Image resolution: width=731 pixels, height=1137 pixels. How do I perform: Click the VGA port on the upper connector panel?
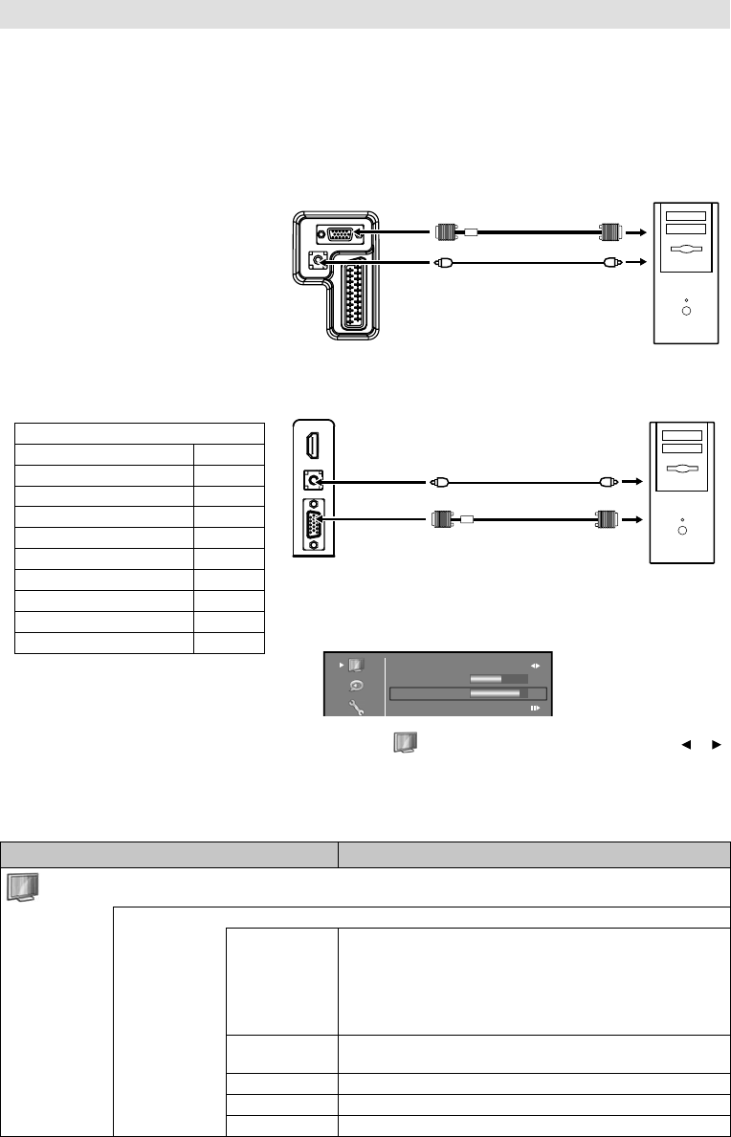coord(340,232)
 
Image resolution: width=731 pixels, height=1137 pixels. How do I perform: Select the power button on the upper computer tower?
coord(686,310)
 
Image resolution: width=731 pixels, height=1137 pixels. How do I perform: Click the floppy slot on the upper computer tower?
coord(686,250)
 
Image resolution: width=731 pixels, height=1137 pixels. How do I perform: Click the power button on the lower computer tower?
coord(681,527)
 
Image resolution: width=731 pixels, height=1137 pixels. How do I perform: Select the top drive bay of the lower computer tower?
coord(681,435)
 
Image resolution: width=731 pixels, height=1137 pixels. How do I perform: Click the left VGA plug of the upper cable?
coord(444,231)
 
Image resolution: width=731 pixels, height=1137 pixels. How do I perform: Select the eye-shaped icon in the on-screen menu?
coord(356,686)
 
